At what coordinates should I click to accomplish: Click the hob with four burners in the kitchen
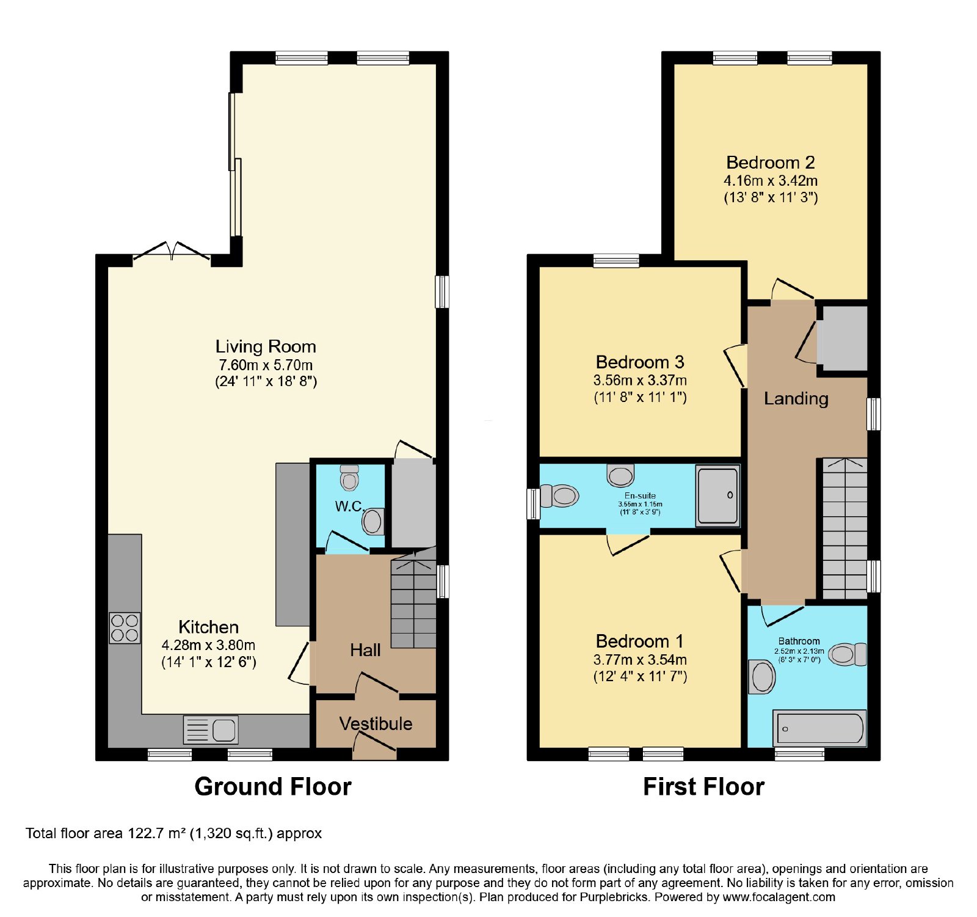coord(125,628)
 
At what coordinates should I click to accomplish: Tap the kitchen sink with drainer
coord(211,729)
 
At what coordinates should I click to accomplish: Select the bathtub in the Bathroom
coord(819,728)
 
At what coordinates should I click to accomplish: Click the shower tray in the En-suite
coord(718,495)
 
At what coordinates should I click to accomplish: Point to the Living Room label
coord(266,346)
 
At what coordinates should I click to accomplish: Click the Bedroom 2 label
coord(771,163)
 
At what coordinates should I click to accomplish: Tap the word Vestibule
coord(376,724)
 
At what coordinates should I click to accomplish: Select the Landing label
coord(796,399)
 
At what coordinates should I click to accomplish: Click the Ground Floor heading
coord(273,787)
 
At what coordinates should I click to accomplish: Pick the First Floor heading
coord(703,787)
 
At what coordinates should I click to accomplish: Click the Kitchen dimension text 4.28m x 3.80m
coord(208,645)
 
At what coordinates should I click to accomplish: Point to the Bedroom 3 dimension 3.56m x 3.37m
coord(640,380)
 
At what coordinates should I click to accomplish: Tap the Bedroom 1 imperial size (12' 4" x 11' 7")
coord(640,676)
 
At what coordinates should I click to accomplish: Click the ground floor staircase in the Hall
coord(413,599)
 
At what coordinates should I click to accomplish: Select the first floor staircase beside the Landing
coord(845,528)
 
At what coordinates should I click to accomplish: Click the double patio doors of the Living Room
coord(172,251)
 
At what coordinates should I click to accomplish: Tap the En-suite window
coord(533,503)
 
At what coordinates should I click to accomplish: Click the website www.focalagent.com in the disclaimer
coord(779,897)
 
